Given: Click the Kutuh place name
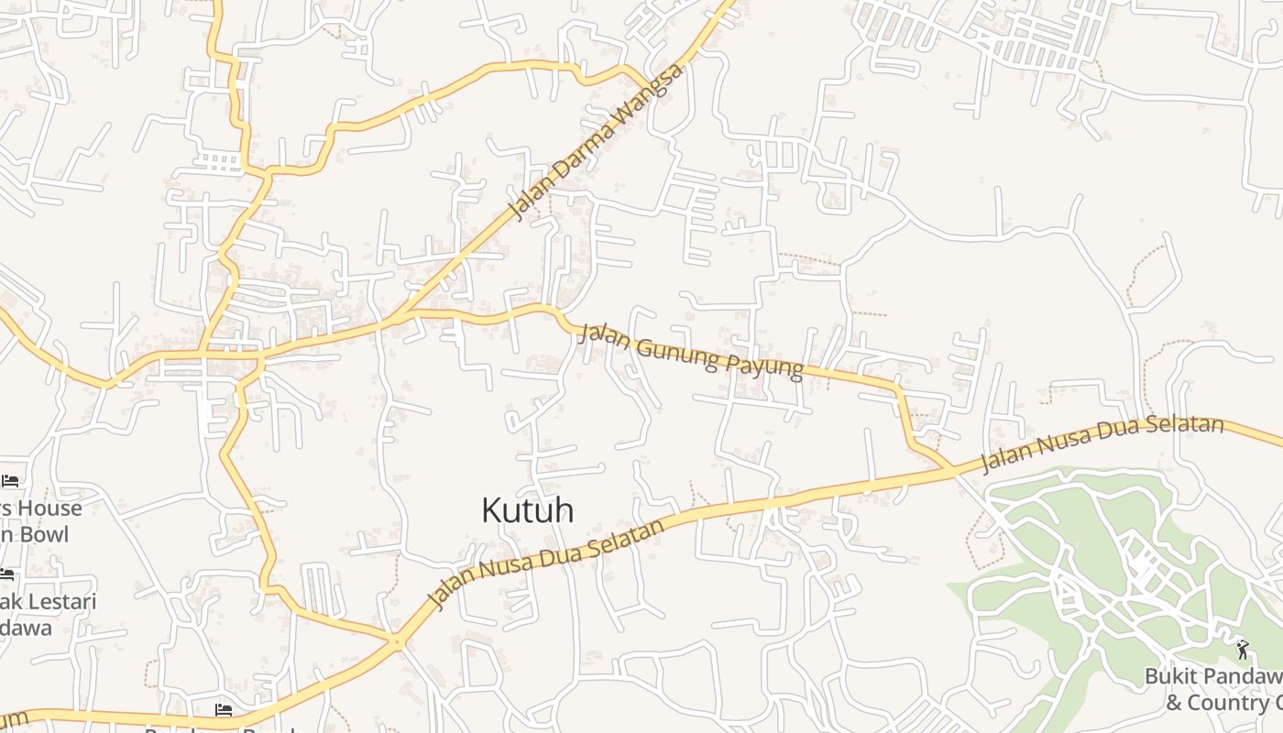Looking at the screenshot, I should tap(528, 510).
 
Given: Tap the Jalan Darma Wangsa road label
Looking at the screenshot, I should tap(597, 143).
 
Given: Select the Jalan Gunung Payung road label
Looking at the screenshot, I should tap(692, 350).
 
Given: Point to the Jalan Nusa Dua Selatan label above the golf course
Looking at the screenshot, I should tap(1102, 444).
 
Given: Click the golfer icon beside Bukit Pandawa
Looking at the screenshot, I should tap(1242, 650).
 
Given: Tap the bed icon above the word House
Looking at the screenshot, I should tap(10, 480).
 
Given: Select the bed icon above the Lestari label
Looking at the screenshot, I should tap(6, 575).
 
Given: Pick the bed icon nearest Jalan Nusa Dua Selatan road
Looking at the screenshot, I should tap(223, 710).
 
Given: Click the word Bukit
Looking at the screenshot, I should tap(1170, 677).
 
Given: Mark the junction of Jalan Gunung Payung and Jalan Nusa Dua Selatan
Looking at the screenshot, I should tap(953, 470).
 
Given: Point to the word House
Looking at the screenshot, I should tap(44, 509).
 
